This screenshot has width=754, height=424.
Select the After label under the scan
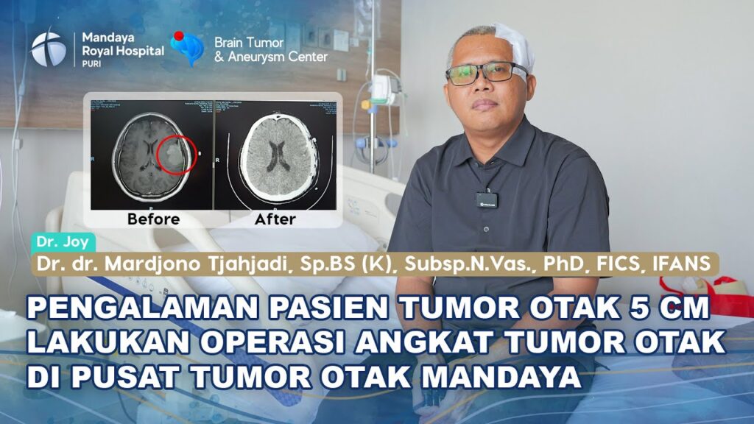click(275, 219)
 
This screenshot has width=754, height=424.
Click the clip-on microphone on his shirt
click(485, 199)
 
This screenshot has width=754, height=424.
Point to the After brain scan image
click(275, 155)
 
